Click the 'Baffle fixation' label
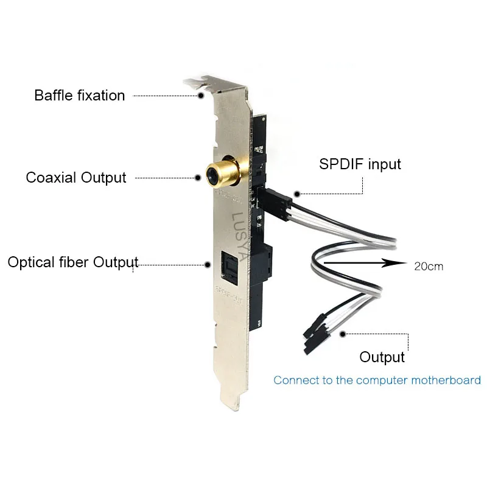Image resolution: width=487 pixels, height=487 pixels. click(79, 96)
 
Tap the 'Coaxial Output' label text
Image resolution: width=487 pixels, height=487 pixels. click(76, 178)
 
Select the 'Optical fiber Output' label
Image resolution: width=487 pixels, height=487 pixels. click(73, 262)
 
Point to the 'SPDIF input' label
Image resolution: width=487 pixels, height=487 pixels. click(360, 164)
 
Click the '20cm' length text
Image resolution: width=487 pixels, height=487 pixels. click(429, 266)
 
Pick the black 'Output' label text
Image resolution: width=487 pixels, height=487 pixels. click(382, 357)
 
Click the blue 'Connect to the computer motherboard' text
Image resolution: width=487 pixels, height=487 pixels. click(377, 380)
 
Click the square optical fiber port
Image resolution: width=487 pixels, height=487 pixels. click(229, 265)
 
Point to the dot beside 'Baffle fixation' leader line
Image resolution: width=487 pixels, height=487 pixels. click(200, 95)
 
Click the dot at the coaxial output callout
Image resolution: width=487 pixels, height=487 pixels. click(198, 178)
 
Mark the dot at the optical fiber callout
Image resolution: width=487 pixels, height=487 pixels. click(208, 264)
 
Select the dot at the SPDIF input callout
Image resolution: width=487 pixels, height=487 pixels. click(297, 194)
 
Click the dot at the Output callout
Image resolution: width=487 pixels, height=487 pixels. click(343, 334)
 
